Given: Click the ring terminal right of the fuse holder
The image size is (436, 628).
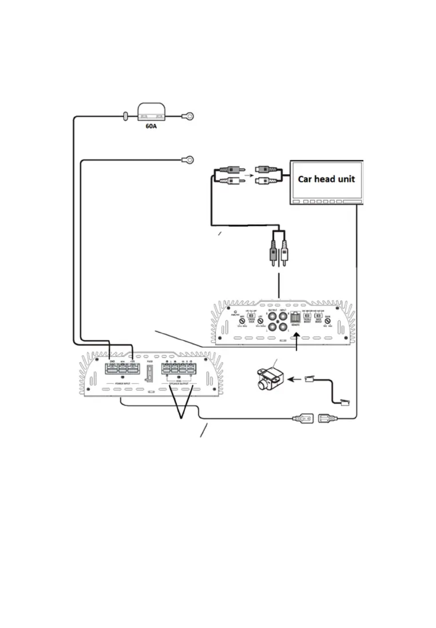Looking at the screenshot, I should (185, 116).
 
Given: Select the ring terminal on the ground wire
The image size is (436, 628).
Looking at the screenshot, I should (187, 160).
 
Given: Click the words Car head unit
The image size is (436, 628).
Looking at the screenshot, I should (326, 178).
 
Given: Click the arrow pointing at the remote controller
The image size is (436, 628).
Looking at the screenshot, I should (294, 378).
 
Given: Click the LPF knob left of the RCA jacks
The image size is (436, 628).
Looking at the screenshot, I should (260, 322).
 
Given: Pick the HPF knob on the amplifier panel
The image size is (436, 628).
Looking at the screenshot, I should (243, 322).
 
